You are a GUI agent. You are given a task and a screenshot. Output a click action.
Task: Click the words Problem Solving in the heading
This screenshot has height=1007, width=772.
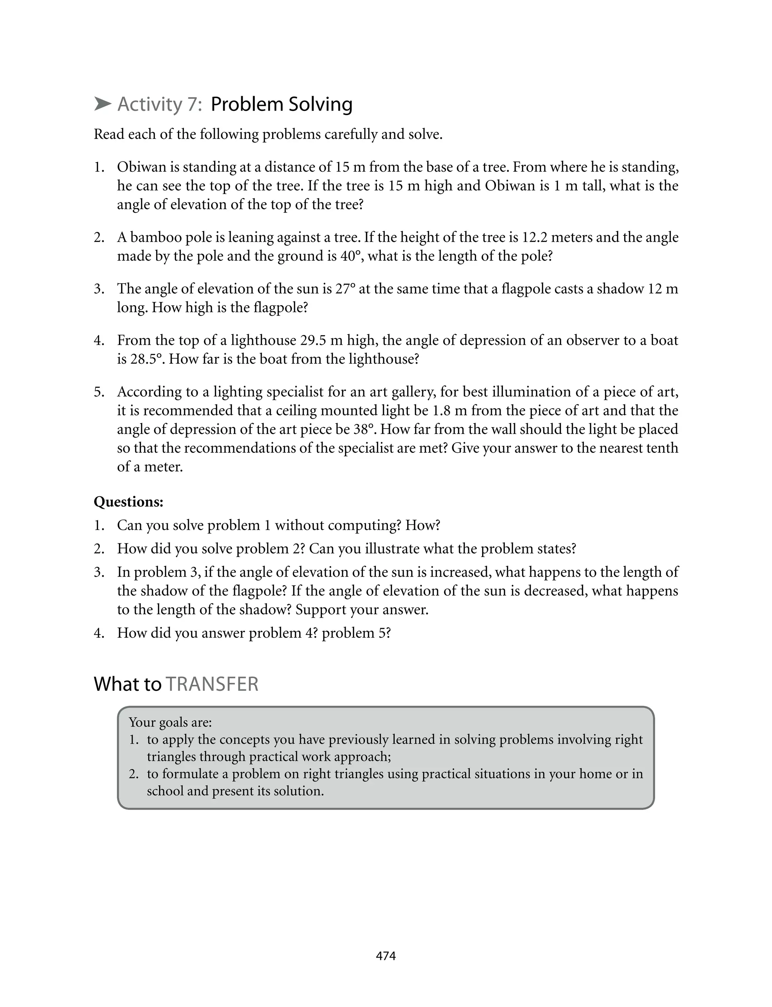pos(281,105)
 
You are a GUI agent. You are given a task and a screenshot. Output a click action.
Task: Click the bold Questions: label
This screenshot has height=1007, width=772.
pos(129,502)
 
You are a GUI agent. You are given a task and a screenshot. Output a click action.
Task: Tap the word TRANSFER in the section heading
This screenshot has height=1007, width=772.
pos(212,684)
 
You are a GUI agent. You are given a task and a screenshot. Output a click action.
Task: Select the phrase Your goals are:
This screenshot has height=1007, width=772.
pos(170,723)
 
